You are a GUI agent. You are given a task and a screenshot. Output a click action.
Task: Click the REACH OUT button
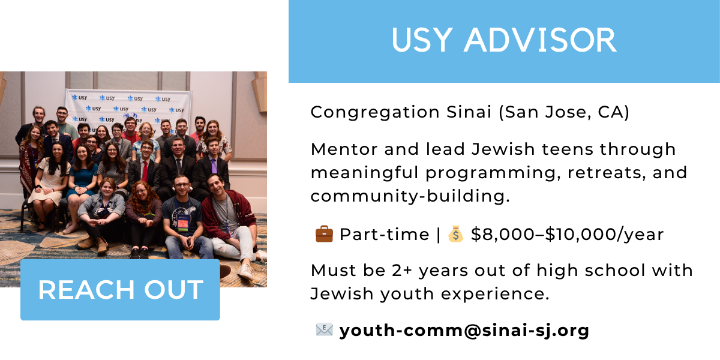point(120,290)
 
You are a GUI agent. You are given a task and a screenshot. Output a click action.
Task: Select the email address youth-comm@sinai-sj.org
point(464,331)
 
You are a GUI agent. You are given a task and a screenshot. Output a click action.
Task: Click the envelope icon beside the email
point(324,330)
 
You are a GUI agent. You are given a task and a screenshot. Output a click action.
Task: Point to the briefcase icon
point(324,234)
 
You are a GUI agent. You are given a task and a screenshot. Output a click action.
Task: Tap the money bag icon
point(456,234)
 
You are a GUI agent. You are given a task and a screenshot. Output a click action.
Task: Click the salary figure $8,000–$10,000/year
point(568,235)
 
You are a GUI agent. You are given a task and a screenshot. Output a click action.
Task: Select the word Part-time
point(385,235)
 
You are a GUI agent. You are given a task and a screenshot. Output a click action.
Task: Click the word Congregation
point(375,113)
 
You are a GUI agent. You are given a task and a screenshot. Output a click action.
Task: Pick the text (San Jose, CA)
point(564,113)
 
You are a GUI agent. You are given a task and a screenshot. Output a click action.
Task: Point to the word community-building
point(410,196)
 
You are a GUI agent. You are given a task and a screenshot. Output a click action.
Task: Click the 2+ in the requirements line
point(402,271)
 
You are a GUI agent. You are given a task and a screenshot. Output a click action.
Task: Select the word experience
point(495,294)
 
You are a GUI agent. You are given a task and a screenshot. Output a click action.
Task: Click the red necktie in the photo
point(145,170)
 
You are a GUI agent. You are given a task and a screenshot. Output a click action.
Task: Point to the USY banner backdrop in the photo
point(128,109)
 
